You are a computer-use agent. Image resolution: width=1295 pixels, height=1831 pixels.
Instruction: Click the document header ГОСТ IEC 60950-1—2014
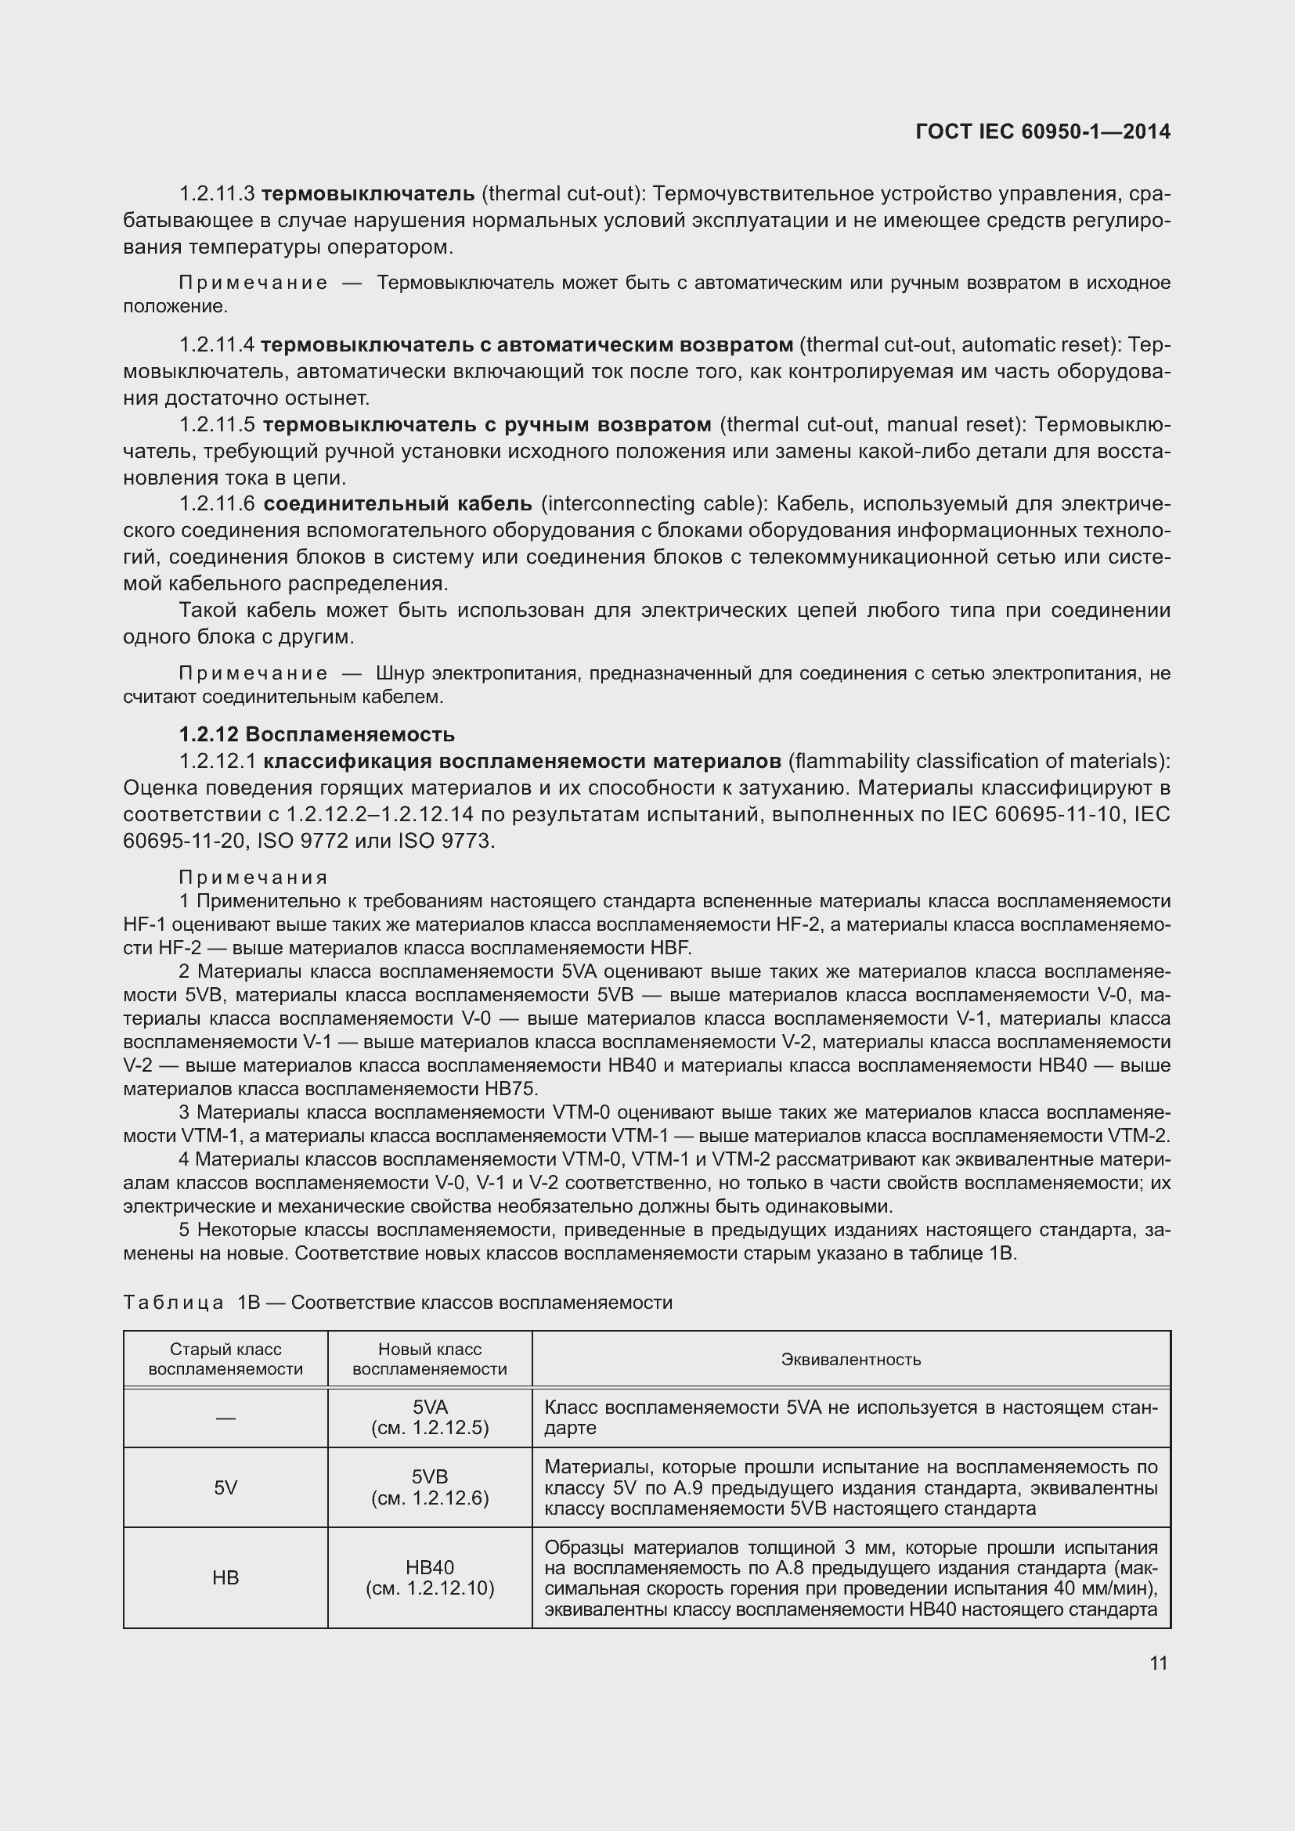1043,132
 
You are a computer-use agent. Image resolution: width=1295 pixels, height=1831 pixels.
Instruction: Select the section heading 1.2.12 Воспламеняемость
316,734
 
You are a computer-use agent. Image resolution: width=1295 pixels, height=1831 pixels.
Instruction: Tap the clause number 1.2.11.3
216,194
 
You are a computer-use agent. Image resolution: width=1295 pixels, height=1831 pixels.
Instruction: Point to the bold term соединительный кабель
397,504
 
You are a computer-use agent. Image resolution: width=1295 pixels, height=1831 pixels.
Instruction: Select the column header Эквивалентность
851,1360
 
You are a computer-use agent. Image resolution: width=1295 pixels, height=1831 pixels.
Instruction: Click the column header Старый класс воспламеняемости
225,1360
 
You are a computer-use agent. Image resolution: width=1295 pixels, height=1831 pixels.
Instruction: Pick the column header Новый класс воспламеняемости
430,1360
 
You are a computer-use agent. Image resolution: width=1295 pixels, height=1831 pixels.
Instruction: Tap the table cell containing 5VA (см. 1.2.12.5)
430,1418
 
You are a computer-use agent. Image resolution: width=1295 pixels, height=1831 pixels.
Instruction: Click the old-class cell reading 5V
225,1487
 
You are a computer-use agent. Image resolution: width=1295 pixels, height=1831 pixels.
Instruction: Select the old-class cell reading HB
225,1577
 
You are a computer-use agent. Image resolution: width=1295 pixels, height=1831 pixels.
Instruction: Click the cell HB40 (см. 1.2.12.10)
430,1577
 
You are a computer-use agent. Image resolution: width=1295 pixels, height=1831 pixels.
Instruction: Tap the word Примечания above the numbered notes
253,878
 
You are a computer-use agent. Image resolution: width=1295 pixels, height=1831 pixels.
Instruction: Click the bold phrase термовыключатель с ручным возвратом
486,424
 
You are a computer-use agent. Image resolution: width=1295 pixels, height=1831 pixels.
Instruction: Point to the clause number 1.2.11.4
216,345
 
